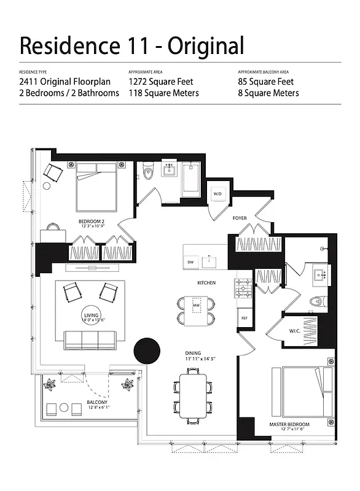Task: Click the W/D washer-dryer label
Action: pyautogui.click(x=217, y=194)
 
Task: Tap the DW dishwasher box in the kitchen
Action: pyautogui.click(x=190, y=262)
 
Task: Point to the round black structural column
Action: pyautogui.click(x=147, y=351)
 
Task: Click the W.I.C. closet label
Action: pyautogui.click(x=294, y=331)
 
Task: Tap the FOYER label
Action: pyautogui.click(x=240, y=218)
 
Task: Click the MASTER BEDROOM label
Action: pyautogui.click(x=289, y=424)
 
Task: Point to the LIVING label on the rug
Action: pyautogui.click(x=91, y=316)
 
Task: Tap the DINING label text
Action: pyautogui.click(x=194, y=353)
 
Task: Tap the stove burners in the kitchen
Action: pyautogui.click(x=243, y=286)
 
